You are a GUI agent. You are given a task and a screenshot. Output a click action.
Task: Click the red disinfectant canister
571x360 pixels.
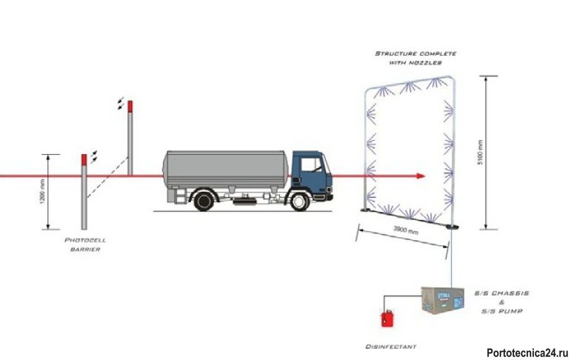pyautogui.click(x=387, y=319)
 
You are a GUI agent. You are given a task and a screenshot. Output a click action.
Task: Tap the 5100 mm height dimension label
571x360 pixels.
pyautogui.click(x=481, y=153)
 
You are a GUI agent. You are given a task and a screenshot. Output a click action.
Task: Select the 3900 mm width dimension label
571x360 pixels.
pyautogui.click(x=406, y=230)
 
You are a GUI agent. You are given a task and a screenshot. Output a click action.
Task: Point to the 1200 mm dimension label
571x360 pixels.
pyautogui.click(x=43, y=192)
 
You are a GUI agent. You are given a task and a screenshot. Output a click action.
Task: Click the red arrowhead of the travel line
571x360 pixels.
pyautogui.click(x=421, y=176)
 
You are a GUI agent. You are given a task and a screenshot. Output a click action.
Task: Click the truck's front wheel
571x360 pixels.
pyautogui.click(x=299, y=201)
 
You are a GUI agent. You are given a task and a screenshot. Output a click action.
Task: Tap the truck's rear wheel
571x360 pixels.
pyautogui.click(x=204, y=201)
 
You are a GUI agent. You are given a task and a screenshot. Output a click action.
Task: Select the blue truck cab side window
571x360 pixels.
pyautogui.click(x=312, y=164)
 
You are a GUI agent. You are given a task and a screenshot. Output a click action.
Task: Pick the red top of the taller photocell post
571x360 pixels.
pyautogui.click(x=130, y=107)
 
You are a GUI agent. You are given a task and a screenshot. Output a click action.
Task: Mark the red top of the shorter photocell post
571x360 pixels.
pyautogui.click(x=84, y=160)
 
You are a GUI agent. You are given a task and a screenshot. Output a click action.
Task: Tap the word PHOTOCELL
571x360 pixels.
pyautogui.click(x=85, y=240)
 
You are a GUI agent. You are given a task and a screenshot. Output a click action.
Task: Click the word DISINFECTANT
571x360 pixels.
pyautogui.click(x=391, y=347)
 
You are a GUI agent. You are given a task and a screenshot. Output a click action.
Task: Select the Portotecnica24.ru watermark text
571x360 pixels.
pyautogui.click(x=527, y=353)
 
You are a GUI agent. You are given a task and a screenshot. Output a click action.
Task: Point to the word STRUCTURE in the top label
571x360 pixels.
pyautogui.click(x=396, y=53)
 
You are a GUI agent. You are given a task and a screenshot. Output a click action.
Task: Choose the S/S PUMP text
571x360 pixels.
pyautogui.click(x=502, y=311)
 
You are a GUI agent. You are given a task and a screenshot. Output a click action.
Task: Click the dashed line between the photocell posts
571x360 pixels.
pyautogui.click(x=107, y=178)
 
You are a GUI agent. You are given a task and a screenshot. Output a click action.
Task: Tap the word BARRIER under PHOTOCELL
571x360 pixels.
pyautogui.click(x=85, y=249)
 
